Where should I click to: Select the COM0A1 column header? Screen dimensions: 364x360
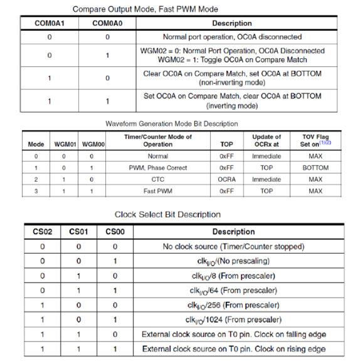pyautogui.click(x=50, y=23)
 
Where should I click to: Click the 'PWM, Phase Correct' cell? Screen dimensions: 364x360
pyautogui.click(x=158, y=168)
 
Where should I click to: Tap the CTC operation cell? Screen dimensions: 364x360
pyautogui.click(x=158, y=179)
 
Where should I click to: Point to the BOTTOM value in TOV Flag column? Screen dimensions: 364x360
pyautogui.click(x=315, y=168)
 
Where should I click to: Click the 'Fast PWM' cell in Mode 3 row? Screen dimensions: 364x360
pyautogui.click(x=158, y=190)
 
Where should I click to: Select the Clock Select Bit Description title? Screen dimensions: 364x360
pyautogui.click(x=167, y=214)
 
